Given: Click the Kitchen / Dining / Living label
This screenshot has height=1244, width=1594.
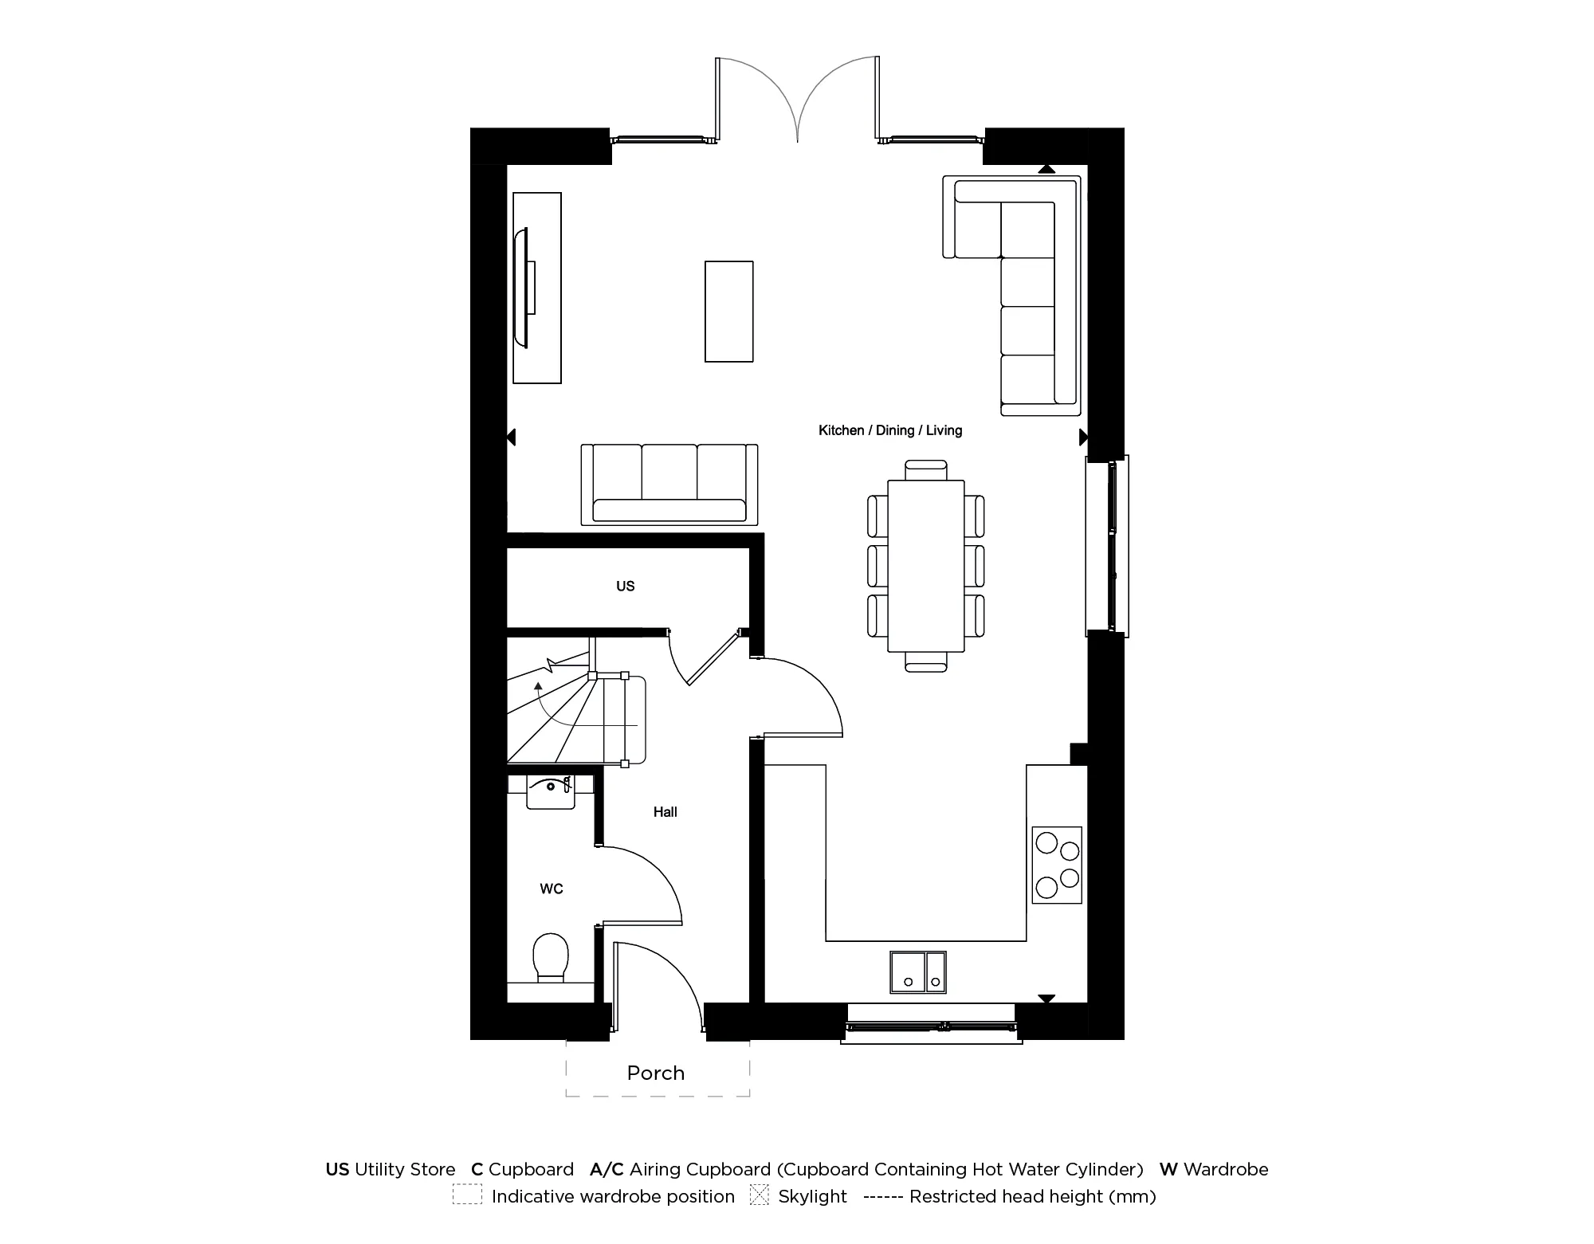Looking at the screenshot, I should pos(890,430).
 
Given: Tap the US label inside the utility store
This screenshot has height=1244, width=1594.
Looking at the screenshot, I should pos(625,587).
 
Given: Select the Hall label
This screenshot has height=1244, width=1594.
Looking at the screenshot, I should pos(665,812).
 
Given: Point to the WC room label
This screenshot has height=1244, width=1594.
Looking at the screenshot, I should pos(552,889).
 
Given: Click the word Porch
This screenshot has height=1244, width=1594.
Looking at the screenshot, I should pos(656,1073).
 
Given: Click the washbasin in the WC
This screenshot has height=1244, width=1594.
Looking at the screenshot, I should pos(551,791).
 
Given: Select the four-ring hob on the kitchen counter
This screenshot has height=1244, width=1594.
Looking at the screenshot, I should pos(1057,865).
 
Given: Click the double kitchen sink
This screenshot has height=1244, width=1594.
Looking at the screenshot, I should pos(917,971).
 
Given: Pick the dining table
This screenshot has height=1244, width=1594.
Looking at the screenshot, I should pos(925,565).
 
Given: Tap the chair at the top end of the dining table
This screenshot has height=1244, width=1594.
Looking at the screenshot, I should pos(926,469).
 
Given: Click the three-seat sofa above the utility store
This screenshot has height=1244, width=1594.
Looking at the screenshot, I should pos(669,485).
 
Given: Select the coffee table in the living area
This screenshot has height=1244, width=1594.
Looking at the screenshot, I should pos(728,312).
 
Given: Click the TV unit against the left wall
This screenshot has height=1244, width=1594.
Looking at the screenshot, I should pos(536,288).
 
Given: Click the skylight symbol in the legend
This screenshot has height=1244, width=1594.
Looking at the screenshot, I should pos(759,1195).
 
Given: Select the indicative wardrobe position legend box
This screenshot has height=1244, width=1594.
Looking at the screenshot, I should pos(467,1195).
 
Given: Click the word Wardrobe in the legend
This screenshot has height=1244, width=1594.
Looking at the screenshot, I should pos(1226,1169).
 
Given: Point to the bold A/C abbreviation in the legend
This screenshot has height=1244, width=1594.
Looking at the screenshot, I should pos(607,1169).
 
